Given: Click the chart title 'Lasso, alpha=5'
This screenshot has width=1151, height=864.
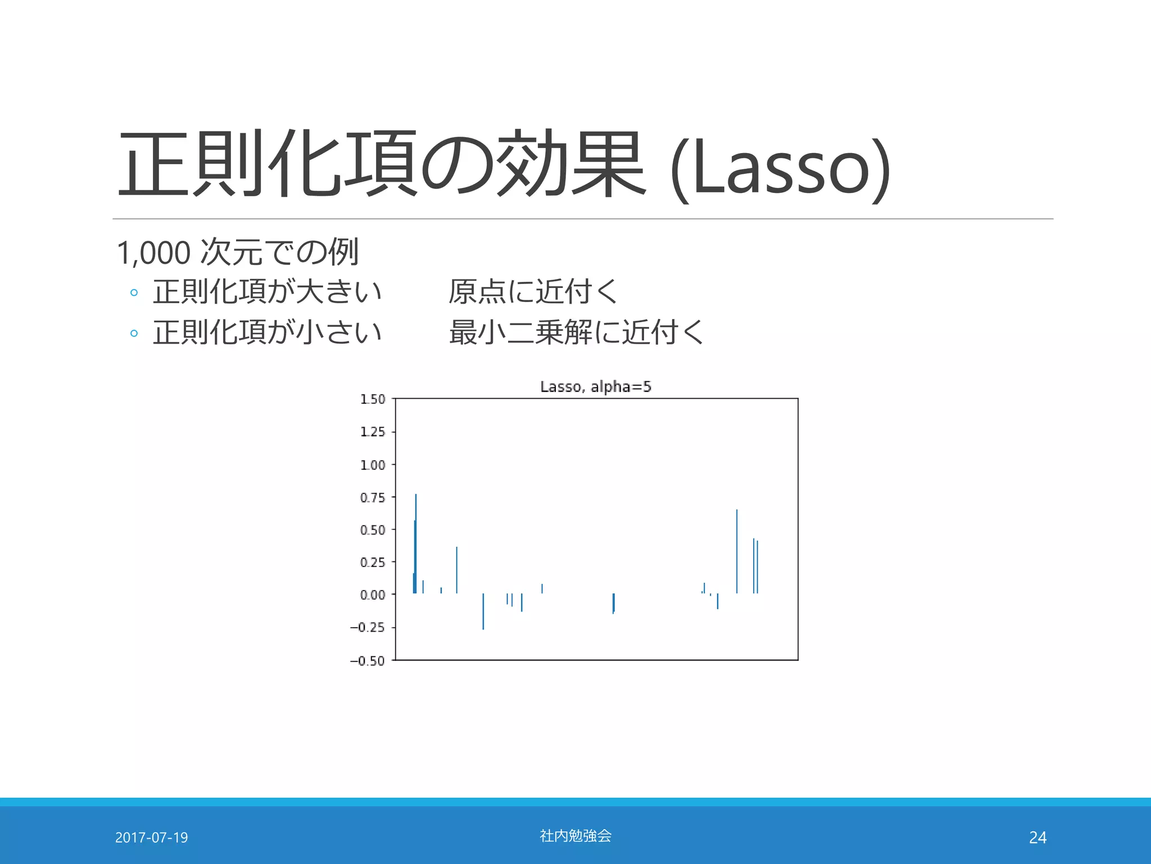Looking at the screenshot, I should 595,387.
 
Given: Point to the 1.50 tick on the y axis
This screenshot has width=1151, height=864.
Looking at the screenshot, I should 373,399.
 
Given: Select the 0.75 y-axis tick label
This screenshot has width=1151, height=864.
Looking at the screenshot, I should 373,498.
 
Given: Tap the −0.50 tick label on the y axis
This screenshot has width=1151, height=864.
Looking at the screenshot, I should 368,661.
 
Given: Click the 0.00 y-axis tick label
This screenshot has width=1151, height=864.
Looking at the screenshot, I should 373,595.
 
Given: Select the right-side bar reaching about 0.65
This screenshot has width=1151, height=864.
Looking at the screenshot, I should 737,551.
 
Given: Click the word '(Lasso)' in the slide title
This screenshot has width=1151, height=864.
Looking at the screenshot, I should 780,168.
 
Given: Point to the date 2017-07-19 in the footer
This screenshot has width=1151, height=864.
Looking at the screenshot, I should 151,838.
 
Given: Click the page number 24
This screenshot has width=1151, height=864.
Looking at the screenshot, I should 1037,838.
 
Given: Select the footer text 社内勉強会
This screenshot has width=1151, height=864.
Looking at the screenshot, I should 575,836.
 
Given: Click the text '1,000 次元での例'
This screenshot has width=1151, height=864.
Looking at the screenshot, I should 237,252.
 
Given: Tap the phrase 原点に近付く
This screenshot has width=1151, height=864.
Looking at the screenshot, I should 533,291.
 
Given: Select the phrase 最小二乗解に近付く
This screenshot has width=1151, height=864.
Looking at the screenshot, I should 576,332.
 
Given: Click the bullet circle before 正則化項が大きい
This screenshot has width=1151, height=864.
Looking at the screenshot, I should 134,292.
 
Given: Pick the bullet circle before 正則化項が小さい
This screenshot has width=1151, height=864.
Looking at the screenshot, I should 134,333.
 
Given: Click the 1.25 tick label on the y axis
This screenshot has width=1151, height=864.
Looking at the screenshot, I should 373,432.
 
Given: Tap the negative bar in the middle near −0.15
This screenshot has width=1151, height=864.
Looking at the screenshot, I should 613,603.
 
